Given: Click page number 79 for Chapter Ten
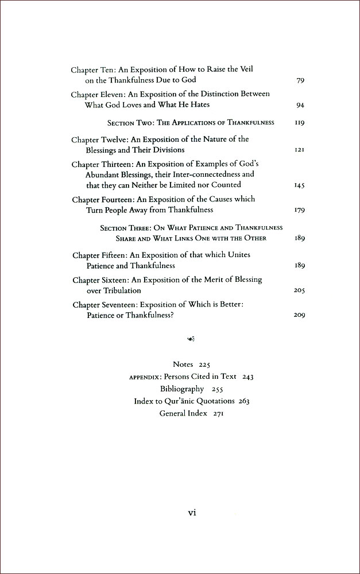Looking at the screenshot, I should tap(300, 80).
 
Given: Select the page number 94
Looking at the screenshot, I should tap(300, 105).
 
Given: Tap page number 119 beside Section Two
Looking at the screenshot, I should tap(299, 123).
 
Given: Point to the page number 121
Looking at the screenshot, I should tap(299, 150).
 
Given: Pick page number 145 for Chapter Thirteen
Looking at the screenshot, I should tap(299, 185).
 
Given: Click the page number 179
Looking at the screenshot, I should tap(299, 211).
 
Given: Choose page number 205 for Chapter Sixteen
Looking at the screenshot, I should tap(299, 291).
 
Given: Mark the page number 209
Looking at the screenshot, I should tap(299, 315).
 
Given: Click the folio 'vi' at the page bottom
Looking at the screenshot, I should tap(192, 513).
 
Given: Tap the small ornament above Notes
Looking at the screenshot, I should tap(191, 343).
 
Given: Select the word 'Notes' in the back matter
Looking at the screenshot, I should tap(184, 364).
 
